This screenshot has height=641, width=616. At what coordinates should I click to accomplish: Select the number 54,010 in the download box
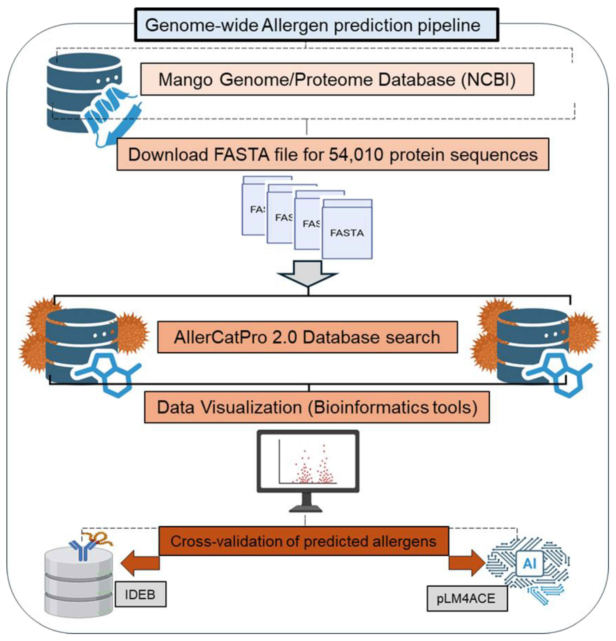(x=356, y=154)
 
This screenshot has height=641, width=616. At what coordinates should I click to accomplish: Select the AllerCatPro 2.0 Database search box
(x=307, y=337)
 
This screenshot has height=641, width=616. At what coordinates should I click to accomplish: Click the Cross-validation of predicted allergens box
(x=303, y=541)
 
